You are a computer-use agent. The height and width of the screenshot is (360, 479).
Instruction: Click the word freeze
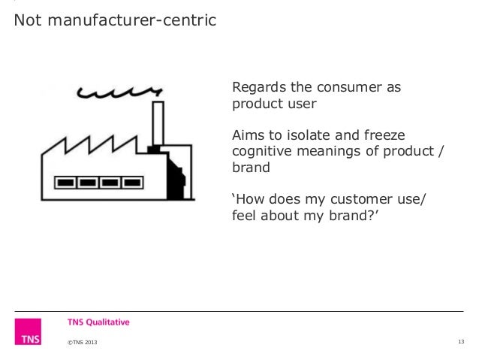tap(384, 135)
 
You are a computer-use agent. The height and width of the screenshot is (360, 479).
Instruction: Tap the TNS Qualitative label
tap(98, 322)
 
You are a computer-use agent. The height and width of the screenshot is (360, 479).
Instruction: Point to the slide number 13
tap(461, 343)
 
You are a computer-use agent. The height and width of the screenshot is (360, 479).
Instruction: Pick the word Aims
tap(249, 135)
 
